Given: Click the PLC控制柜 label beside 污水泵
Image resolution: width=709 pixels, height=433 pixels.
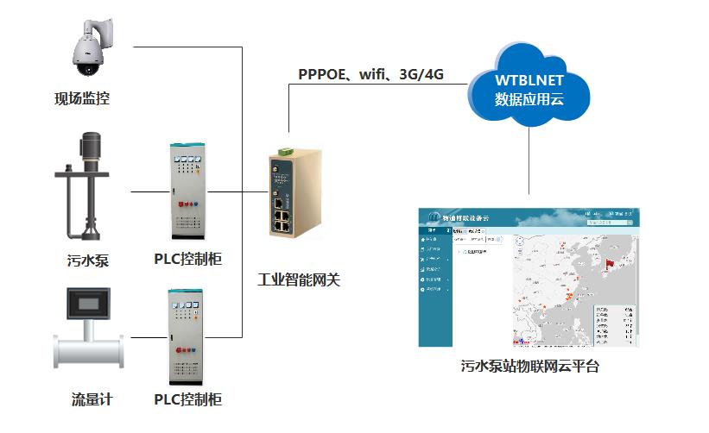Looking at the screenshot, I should coord(188,259).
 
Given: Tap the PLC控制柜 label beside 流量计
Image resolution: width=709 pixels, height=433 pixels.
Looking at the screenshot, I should coord(188,399).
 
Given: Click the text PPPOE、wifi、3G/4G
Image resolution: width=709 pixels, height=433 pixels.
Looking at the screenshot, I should coord(370,74).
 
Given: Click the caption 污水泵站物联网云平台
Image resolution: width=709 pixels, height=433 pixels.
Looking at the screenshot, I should coord(529,367).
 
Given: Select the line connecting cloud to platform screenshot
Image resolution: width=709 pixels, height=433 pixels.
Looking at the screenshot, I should coord(529,168).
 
